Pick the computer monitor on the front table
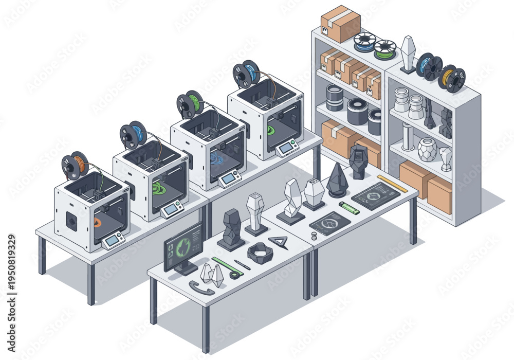tap(182, 248)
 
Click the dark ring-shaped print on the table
tap(260, 253)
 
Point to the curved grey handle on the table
tap(201, 287)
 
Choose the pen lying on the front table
tap(242, 264)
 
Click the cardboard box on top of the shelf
tap(340, 24)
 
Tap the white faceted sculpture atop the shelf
tap(408, 53)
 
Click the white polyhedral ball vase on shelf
tap(426, 149)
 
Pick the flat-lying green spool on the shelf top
tap(385, 49)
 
